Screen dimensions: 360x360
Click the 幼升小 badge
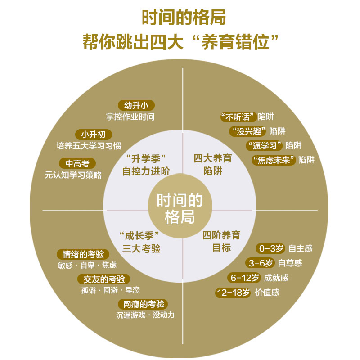click(x=136, y=105)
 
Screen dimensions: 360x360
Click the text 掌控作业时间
click(x=130, y=117)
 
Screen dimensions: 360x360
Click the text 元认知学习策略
click(x=73, y=175)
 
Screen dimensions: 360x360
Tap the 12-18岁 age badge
click(x=233, y=292)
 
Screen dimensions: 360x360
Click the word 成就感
click(x=276, y=278)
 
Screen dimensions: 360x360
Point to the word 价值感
click(x=267, y=292)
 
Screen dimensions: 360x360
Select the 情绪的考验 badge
click(x=83, y=254)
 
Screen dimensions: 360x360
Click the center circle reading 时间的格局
click(x=180, y=209)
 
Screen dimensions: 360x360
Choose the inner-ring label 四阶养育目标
click(x=221, y=242)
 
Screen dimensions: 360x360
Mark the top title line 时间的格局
click(x=180, y=18)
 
